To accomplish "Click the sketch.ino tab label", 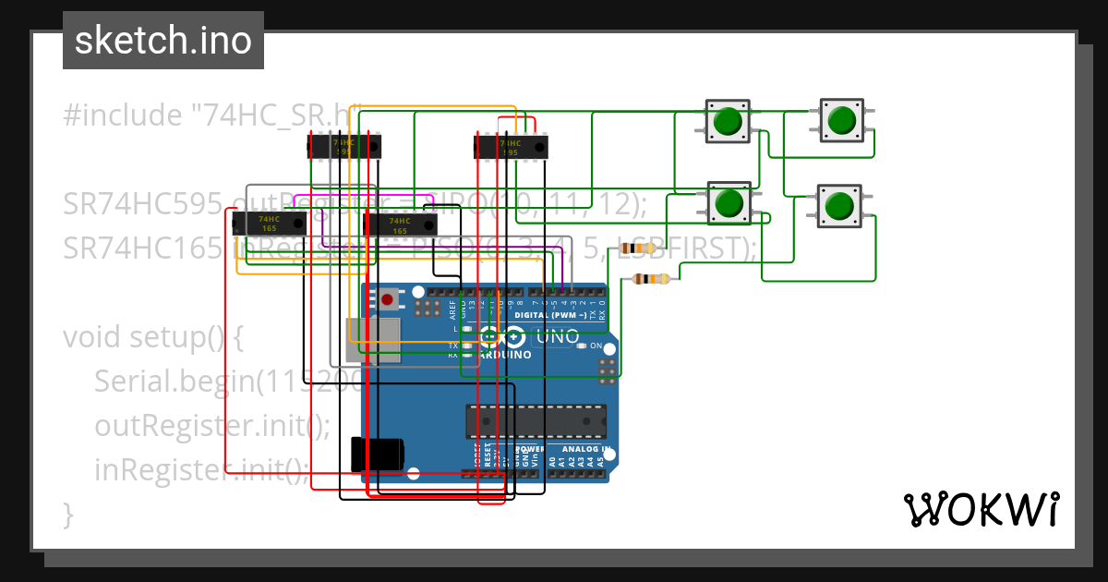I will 163,41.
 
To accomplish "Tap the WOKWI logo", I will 981,509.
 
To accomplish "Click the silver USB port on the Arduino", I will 373,339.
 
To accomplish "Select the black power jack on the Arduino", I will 378,455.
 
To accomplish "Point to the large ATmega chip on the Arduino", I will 536,420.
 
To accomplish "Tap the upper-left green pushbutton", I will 729,121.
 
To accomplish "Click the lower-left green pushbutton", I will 730,202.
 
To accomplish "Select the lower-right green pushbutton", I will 838,204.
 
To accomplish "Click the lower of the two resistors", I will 654,278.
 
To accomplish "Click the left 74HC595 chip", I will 343,146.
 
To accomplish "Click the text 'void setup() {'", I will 153,337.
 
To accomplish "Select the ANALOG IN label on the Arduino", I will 588,449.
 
